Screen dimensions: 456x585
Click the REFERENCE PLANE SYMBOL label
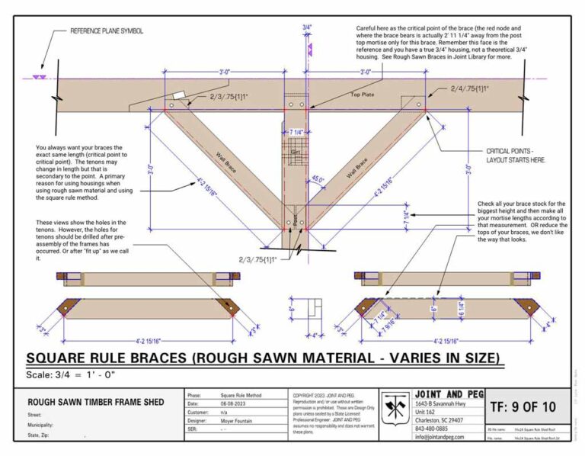(107, 31)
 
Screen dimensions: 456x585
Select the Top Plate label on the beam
(362, 95)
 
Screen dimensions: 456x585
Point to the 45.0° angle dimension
(317, 180)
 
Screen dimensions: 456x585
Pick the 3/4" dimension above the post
(307, 27)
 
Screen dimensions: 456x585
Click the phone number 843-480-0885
(433, 428)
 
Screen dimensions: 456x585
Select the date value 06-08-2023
(236, 404)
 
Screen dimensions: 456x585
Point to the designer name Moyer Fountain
(240, 420)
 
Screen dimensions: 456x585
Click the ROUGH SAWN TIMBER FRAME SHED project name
(96, 402)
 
